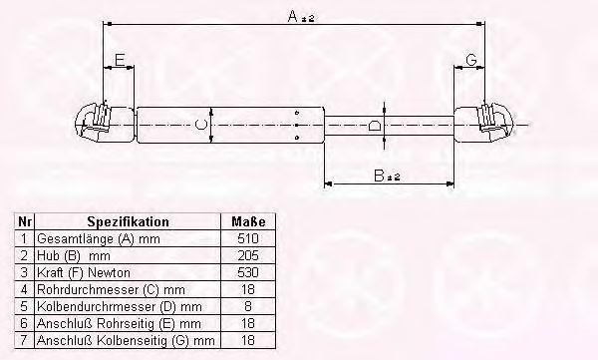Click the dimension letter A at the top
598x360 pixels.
click(x=292, y=16)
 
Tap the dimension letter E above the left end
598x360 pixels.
click(x=120, y=60)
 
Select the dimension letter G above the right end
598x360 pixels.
click(x=471, y=60)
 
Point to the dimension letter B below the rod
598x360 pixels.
click(x=379, y=176)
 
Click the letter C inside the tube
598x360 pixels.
click(x=200, y=125)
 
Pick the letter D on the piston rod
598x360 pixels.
click(x=375, y=126)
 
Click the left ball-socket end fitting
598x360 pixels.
click(x=94, y=122)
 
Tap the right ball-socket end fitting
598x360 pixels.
click(x=495, y=122)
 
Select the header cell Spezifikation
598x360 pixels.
click(x=129, y=221)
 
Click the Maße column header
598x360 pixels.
click(x=248, y=221)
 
